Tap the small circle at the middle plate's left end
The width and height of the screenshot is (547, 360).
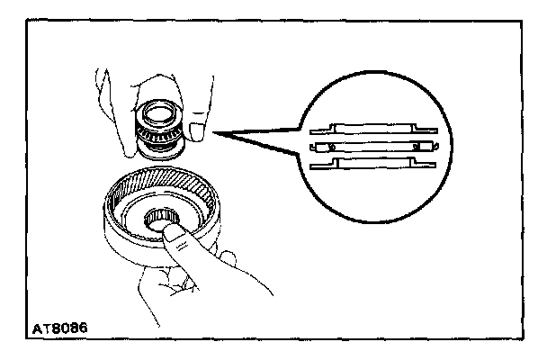coord(332,145)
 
